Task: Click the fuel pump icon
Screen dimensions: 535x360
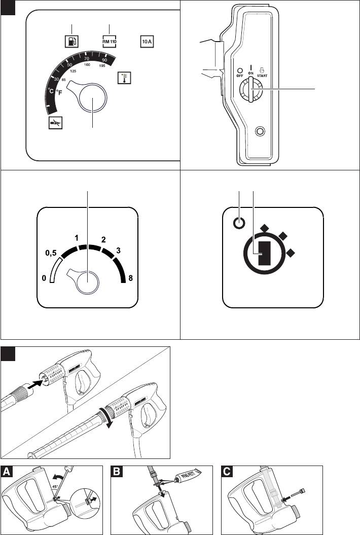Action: pos(72,41)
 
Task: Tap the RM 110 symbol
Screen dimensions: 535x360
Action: pos(110,41)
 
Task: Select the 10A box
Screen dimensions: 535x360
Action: pos(147,41)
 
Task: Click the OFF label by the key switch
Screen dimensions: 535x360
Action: pos(240,76)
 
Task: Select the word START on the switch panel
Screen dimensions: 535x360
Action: pos(262,76)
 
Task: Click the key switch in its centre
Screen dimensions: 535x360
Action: pos(251,90)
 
